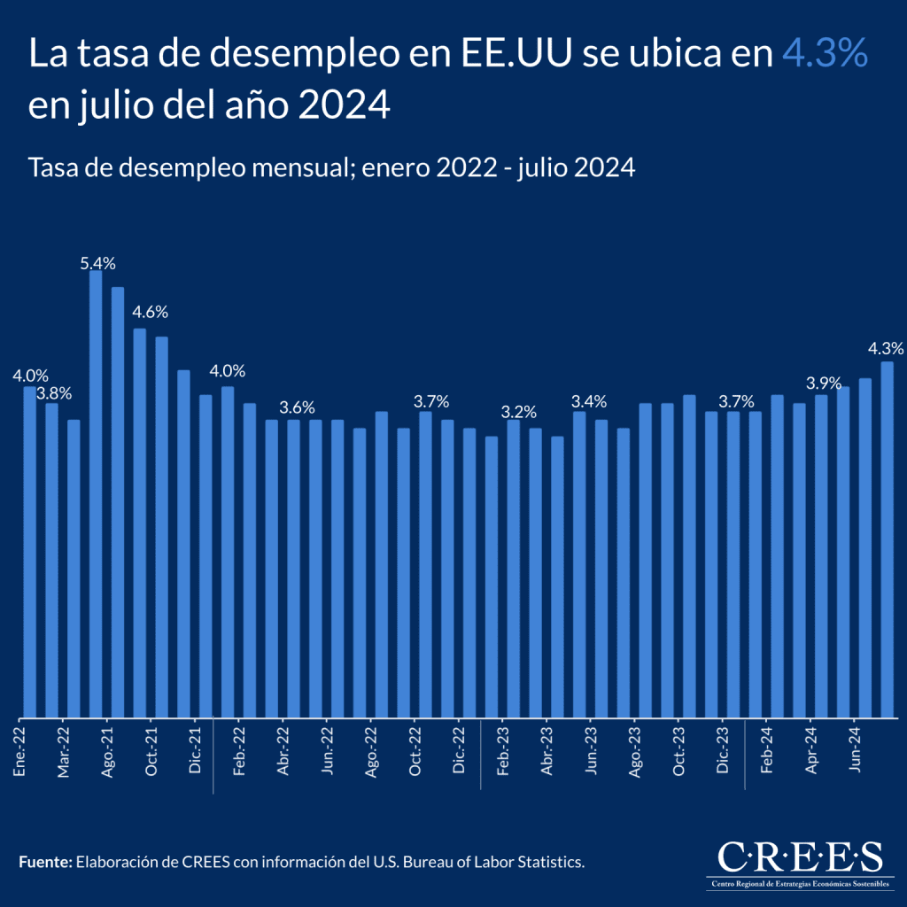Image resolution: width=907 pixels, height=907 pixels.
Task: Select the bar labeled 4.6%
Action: (140, 522)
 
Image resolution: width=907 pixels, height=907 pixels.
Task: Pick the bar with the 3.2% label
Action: (514, 567)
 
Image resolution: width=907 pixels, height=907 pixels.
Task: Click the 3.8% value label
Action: (52, 392)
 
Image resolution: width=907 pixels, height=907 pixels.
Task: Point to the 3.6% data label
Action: (297, 408)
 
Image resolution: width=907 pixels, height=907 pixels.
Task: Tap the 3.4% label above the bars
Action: (589, 400)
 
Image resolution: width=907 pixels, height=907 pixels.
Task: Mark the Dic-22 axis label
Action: (459, 751)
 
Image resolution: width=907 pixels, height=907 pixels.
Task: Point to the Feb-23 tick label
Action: (503, 751)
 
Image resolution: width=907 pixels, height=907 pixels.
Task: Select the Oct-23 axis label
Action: (678, 751)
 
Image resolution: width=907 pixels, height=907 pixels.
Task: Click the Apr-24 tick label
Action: (810, 751)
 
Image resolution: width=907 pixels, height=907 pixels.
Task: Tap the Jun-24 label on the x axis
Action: (855, 751)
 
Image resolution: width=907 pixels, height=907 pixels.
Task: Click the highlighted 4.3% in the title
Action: (824, 55)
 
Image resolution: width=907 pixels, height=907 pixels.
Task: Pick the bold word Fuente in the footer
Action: (43, 861)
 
